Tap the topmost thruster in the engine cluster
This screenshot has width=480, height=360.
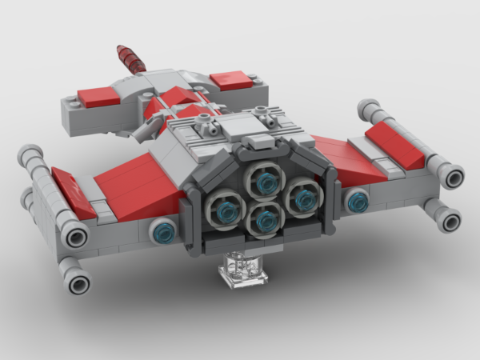(261, 178)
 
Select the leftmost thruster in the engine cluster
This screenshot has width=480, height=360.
(226, 210)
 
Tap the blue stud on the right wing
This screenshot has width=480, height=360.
(356, 200)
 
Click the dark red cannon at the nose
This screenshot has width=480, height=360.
(132, 58)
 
